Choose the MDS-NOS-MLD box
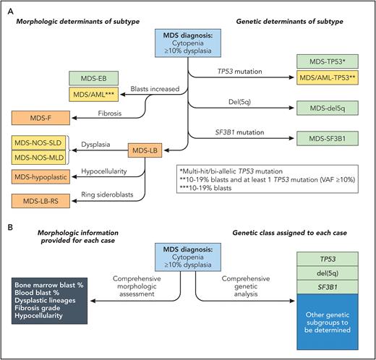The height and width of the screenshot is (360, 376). (40, 157)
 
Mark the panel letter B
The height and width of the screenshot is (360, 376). (8, 226)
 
